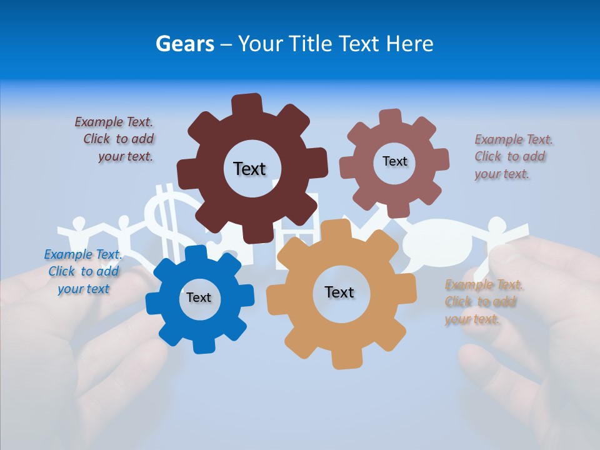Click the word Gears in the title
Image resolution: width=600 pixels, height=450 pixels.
(184, 44)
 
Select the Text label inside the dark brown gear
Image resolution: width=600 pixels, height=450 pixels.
(249, 169)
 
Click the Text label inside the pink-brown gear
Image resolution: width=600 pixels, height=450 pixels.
(394, 161)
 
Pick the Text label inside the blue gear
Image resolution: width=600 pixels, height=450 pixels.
(198, 297)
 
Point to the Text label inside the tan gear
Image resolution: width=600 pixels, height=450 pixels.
(339, 292)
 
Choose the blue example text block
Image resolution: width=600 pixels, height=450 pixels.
(83, 271)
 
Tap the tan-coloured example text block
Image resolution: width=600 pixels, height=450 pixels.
(483, 302)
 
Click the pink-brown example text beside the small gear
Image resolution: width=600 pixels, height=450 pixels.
(513, 156)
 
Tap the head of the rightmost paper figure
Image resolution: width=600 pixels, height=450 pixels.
(496, 224)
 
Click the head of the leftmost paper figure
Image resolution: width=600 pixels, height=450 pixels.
(79, 222)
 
